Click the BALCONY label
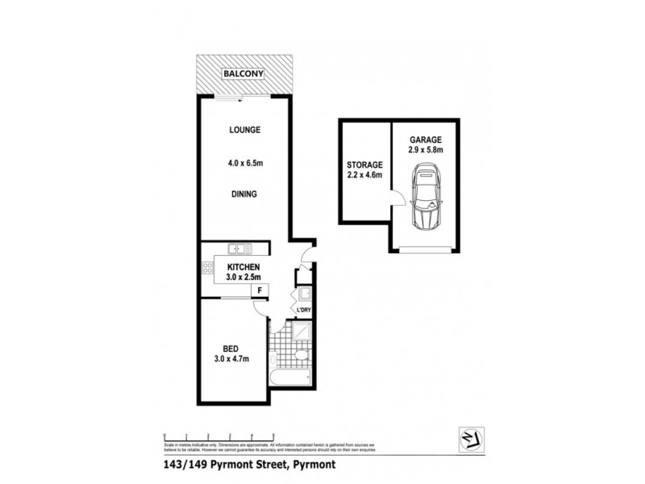pyautogui.click(x=244, y=73)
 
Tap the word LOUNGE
pyautogui.click(x=244, y=129)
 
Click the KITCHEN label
pyautogui.click(x=243, y=267)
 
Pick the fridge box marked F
pyautogui.click(x=260, y=290)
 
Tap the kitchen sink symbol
pyautogui.click(x=239, y=248)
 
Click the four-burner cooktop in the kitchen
pyautogui.click(x=208, y=267)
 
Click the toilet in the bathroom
pyautogui.click(x=302, y=356)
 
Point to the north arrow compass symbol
pyautogui.click(x=468, y=436)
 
